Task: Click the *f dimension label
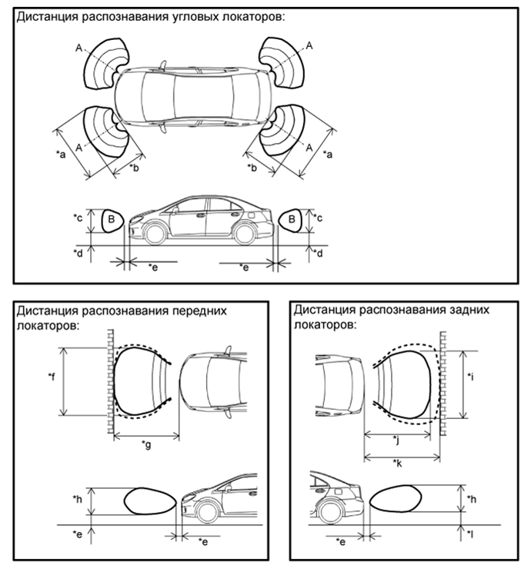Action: point(52,377)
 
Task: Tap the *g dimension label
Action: point(146,444)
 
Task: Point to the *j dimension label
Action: point(396,440)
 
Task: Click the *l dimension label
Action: point(472,533)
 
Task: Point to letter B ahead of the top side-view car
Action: point(111,219)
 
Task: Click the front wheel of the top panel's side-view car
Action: point(157,231)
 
